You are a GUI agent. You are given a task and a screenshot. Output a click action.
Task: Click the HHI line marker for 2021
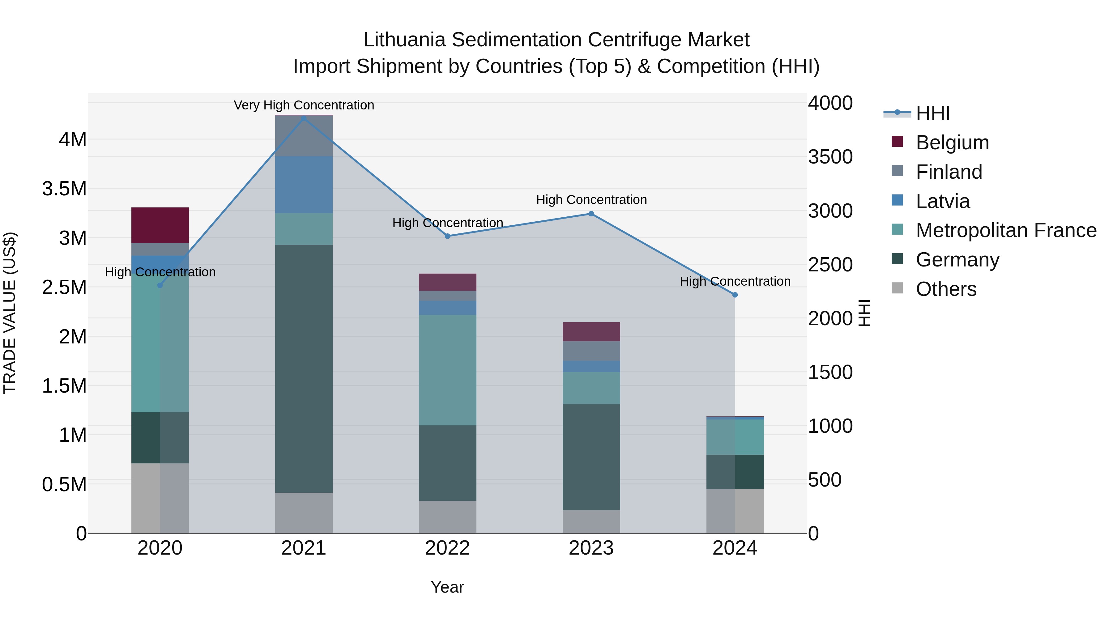pyautogui.click(x=304, y=118)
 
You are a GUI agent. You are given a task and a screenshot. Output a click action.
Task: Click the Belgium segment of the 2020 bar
pyautogui.click(x=160, y=225)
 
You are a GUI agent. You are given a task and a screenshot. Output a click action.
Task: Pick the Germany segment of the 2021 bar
pyautogui.click(x=304, y=368)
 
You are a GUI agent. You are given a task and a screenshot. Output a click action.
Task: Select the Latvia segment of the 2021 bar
pyautogui.click(x=304, y=185)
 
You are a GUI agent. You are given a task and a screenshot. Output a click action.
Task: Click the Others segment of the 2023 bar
pyautogui.click(x=591, y=522)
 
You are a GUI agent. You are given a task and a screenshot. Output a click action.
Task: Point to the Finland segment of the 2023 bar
pyautogui.click(x=591, y=351)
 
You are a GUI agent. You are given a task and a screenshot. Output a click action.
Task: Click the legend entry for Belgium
pyautogui.click(x=952, y=143)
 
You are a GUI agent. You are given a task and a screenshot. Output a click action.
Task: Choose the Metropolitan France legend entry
pyautogui.click(x=1006, y=231)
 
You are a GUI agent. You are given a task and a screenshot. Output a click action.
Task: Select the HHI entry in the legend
pyautogui.click(x=932, y=113)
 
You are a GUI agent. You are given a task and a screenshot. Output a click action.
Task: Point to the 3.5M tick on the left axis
pyautogui.click(x=64, y=189)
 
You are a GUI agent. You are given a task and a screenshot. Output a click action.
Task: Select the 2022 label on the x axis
pyautogui.click(x=448, y=548)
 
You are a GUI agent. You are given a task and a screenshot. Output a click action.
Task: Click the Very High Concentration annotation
pyautogui.click(x=304, y=105)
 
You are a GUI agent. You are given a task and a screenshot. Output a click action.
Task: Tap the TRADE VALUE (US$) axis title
pyautogui.click(x=10, y=313)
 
